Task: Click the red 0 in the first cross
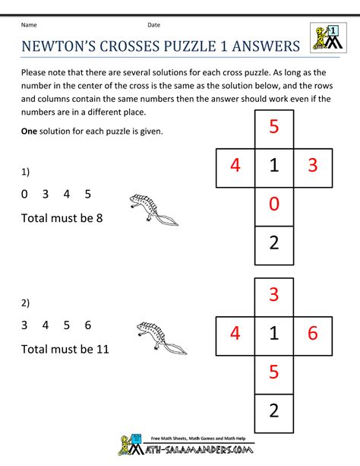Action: pyautogui.click(x=274, y=204)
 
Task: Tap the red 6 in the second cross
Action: pyautogui.click(x=313, y=332)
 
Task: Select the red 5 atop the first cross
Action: pyautogui.click(x=274, y=127)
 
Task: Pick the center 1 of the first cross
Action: pyautogui.click(x=274, y=166)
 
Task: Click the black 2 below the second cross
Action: pyautogui.click(x=274, y=411)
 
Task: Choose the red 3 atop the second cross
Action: pyautogui.click(x=274, y=293)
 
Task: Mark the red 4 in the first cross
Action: pyautogui.click(x=235, y=166)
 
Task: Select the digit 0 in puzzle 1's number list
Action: pyautogui.click(x=25, y=194)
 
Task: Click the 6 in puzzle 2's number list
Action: pyautogui.click(x=88, y=325)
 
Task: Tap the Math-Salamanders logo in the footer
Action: pyautogui.click(x=180, y=447)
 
